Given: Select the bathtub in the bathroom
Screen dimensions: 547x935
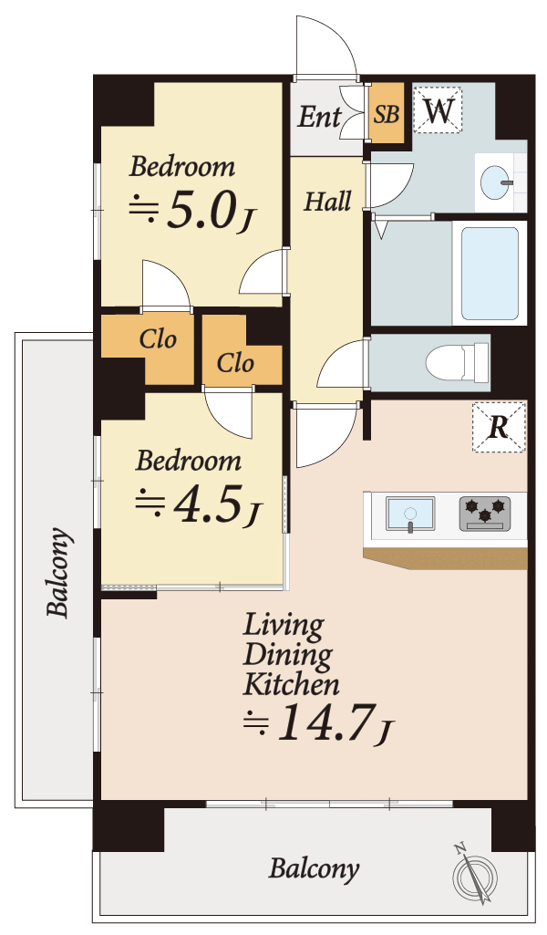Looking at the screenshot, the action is coord(490,274).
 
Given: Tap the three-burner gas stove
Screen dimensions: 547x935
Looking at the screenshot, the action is coord(485,514).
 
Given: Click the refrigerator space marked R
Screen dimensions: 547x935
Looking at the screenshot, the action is coord(500,427).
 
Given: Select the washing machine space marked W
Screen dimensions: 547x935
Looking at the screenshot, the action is coord(438,109).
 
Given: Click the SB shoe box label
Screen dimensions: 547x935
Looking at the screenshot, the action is coord(387,113).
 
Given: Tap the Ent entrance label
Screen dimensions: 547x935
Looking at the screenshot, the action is coord(319,116).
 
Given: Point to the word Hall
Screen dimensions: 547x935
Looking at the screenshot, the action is coord(327,202).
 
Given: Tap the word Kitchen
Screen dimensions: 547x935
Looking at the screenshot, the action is coord(292,684).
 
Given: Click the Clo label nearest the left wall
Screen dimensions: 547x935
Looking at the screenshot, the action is coord(158,339).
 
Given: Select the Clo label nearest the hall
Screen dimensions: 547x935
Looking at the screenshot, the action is coord(235,362).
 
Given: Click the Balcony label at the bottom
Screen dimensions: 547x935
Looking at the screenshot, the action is coord(314,868).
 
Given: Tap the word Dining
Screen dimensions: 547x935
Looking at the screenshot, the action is coord(288,655).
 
